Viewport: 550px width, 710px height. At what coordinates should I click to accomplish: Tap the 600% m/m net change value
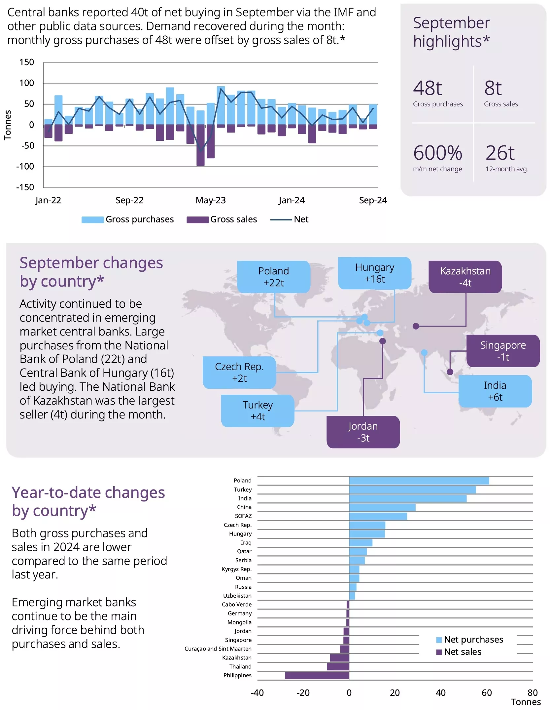click(437, 153)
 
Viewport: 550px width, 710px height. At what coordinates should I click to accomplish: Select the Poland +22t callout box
click(273, 277)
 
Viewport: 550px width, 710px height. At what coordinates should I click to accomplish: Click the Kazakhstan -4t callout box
click(465, 277)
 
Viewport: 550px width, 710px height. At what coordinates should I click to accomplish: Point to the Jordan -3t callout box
click(363, 432)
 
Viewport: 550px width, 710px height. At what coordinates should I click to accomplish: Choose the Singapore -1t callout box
click(502, 351)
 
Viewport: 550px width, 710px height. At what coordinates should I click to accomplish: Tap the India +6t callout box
click(495, 391)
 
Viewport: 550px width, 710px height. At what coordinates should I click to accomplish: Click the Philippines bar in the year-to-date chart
click(317, 676)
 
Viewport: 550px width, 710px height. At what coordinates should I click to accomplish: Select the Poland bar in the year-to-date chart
click(419, 481)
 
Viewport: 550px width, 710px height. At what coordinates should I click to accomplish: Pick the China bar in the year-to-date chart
click(382, 507)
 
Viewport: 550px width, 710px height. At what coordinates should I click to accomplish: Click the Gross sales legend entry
click(222, 219)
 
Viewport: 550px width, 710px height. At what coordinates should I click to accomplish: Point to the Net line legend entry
click(289, 219)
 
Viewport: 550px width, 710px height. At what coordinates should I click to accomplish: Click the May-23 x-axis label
click(210, 200)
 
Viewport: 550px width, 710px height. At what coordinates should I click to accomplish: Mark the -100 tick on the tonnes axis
click(25, 166)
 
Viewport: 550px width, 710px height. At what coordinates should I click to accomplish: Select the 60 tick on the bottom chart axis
click(486, 692)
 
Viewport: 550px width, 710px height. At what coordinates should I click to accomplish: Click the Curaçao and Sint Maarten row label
click(218, 649)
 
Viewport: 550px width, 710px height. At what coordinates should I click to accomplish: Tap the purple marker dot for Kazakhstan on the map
click(416, 326)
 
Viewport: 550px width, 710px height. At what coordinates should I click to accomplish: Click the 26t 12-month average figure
click(499, 153)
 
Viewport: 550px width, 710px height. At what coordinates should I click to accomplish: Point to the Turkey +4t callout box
click(258, 411)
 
